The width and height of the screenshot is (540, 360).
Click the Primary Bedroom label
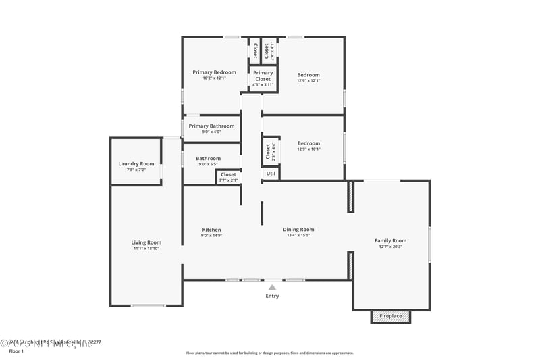214,72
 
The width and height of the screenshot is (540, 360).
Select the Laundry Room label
136,163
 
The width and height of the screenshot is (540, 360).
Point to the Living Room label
146,242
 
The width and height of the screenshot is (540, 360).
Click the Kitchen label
211,230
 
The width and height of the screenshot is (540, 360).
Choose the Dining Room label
298,230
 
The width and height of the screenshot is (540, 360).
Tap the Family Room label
390,240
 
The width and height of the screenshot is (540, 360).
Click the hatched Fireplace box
390,316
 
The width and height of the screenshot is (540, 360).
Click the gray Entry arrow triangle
272,287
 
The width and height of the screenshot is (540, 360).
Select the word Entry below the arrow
272,296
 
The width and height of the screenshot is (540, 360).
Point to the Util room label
270,174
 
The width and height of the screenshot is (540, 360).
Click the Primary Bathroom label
211,126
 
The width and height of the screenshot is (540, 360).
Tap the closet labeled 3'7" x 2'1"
228,180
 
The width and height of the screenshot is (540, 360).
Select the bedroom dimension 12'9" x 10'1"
308,149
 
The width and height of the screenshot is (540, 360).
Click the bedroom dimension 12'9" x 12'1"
308,80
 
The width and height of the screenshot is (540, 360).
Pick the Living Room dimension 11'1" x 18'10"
146,249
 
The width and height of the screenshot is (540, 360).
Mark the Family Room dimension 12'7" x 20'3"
390,247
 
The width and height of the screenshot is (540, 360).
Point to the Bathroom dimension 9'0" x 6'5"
209,164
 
